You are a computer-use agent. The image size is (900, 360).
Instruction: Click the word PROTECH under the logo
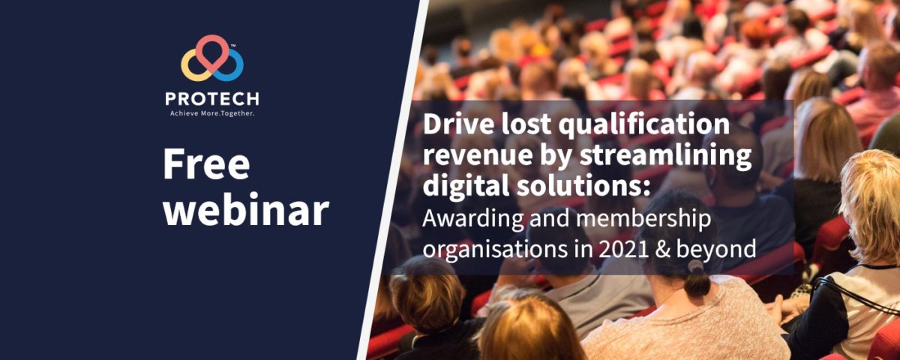point(212,99)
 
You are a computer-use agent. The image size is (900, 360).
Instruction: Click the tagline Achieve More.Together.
point(212,113)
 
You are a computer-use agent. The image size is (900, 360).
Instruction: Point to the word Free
point(206,165)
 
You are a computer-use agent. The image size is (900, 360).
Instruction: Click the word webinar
point(246,210)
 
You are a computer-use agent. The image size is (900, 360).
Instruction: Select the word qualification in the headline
point(644,125)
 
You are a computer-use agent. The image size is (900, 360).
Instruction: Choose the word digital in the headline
point(460,186)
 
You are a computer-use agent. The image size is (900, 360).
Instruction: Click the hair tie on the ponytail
point(695,266)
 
